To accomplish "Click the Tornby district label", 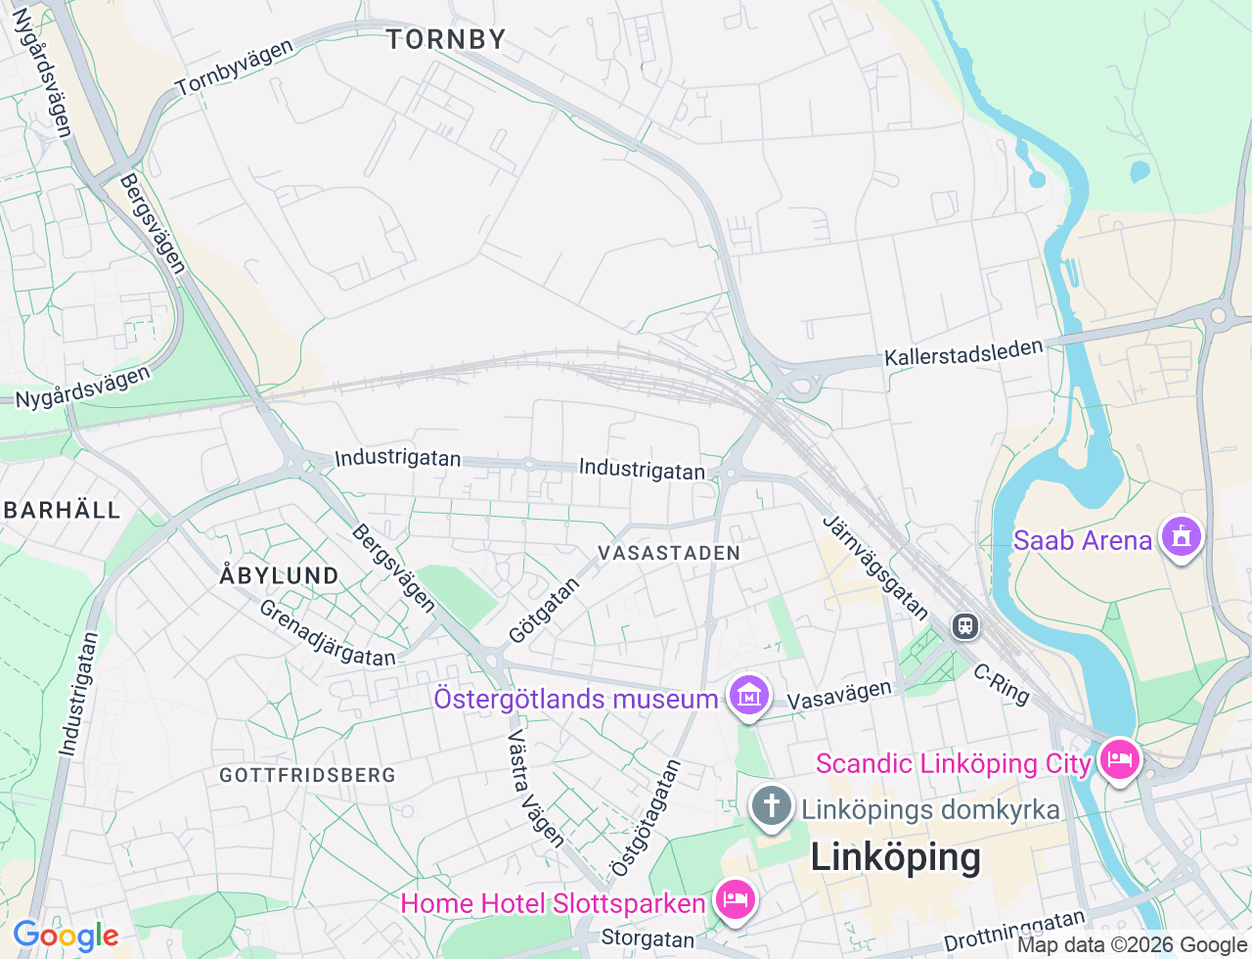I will click(446, 39).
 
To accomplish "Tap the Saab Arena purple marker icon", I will click(1182, 537).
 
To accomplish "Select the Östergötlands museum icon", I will click(749, 697).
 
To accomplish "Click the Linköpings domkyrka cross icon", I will click(771, 807).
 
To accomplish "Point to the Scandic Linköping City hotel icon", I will click(1119, 760).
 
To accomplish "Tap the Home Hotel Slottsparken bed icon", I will click(735, 900).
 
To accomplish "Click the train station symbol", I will click(965, 626).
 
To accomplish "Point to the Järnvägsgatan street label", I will click(875, 568).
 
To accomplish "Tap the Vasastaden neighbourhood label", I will click(669, 553).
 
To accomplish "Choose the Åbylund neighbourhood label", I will click(279, 575).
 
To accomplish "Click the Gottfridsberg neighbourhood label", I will click(307, 775).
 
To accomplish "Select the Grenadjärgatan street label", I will click(327, 633).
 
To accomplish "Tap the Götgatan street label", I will click(544, 611).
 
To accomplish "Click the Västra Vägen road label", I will click(536, 788).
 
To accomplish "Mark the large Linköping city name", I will click(895, 857).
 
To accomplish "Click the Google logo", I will click(66, 936).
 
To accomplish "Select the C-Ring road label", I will click(1002, 684).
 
